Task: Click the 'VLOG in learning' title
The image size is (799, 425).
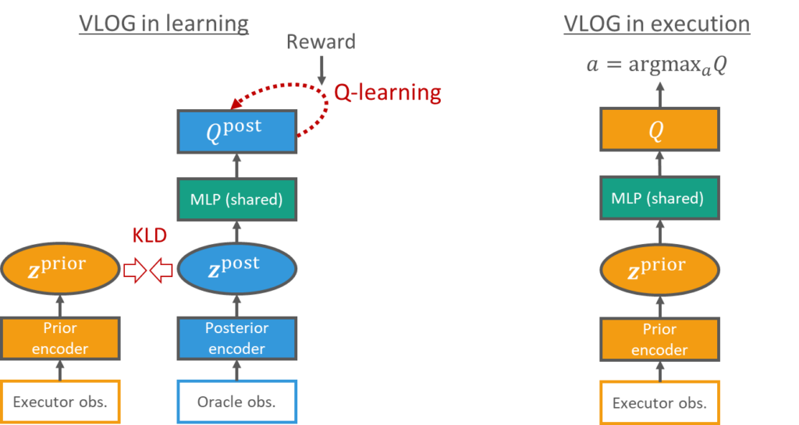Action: (164, 23)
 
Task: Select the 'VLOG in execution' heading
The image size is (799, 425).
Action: (656, 23)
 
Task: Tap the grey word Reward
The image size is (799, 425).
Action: (321, 41)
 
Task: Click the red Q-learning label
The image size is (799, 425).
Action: (388, 93)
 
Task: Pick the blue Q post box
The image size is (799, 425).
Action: (237, 131)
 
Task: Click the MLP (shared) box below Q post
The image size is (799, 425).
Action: (237, 200)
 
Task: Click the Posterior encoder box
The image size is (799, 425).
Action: (237, 338)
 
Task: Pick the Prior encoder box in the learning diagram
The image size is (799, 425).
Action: (60, 338)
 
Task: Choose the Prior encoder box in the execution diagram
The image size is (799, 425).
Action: (659, 338)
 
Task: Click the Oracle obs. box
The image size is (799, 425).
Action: (237, 402)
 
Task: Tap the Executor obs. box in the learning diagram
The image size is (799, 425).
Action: (60, 402)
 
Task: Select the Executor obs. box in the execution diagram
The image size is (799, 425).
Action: (659, 402)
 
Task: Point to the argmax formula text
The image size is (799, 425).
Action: (656, 65)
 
